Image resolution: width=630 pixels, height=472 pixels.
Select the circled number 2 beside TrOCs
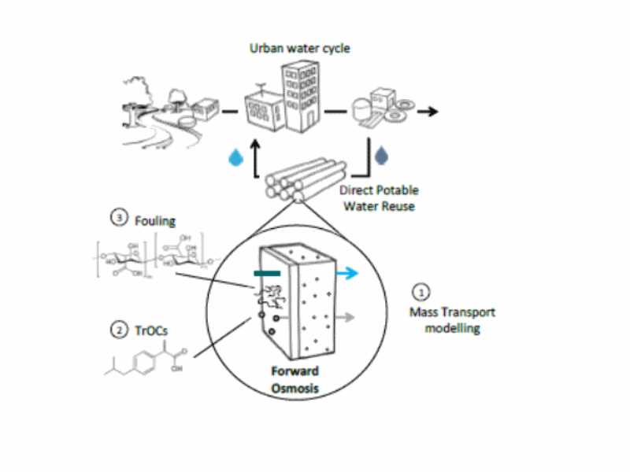[x=119, y=331]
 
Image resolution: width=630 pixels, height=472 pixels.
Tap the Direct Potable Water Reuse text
[x=379, y=197]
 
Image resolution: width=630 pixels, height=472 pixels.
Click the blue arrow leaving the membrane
[x=346, y=274]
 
